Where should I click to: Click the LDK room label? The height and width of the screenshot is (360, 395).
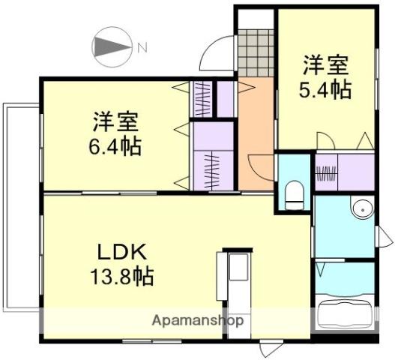point(114,250)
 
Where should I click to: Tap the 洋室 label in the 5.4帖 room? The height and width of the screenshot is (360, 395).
point(324,64)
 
